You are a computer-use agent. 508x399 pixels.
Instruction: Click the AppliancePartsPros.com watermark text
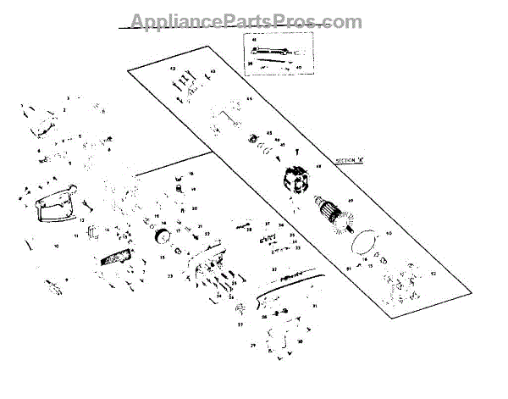246,22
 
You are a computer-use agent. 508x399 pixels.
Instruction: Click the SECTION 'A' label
350,160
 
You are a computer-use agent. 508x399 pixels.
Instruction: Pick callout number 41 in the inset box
251,41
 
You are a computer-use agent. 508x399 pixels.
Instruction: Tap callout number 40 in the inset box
298,65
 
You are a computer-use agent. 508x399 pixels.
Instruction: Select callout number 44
250,100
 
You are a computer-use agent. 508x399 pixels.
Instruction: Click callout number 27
240,324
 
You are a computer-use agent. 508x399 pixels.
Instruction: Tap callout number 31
315,305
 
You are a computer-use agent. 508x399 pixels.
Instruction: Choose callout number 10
57,247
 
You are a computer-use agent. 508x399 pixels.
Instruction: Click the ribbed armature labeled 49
342,212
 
